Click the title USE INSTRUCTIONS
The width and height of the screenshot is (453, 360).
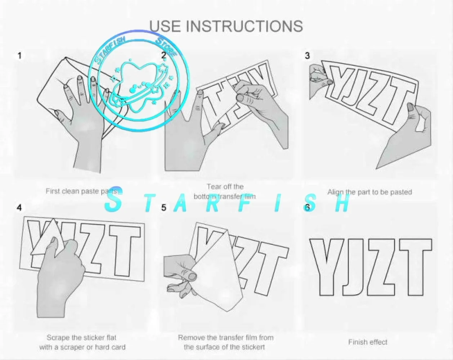click(x=226, y=26)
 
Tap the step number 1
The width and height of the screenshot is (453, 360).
click(x=19, y=56)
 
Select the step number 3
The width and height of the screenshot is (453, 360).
click(x=307, y=56)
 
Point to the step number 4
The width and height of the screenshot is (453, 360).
click(x=19, y=208)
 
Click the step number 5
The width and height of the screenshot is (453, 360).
click(x=164, y=208)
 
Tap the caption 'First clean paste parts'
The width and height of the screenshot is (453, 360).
click(x=81, y=191)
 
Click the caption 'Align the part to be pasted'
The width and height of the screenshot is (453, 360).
click(x=370, y=192)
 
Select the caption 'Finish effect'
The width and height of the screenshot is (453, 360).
click(x=368, y=342)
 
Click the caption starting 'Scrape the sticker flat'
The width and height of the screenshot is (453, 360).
click(x=82, y=342)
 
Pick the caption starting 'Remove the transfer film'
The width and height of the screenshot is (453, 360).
click(x=226, y=342)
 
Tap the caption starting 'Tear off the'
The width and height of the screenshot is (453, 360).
click(x=225, y=192)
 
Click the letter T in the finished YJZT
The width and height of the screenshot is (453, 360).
click(x=416, y=267)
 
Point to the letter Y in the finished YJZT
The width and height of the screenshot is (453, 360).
click(x=326, y=267)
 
